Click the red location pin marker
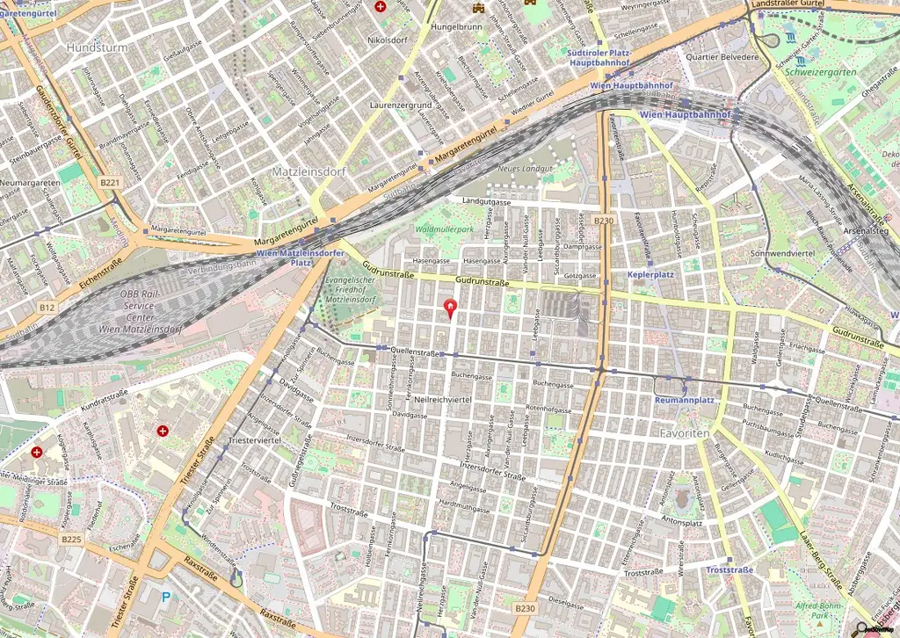click(x=452, y=308)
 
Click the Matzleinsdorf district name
click(x=308, y=170)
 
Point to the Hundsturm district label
click(x=97, y=47)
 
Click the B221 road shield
click(x=109, y=183)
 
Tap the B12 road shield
click(x=47, y=308)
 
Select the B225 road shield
click(x=72, y=539)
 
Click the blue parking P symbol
click(x=167, y=598)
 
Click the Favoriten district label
click(x=684, y=434)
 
